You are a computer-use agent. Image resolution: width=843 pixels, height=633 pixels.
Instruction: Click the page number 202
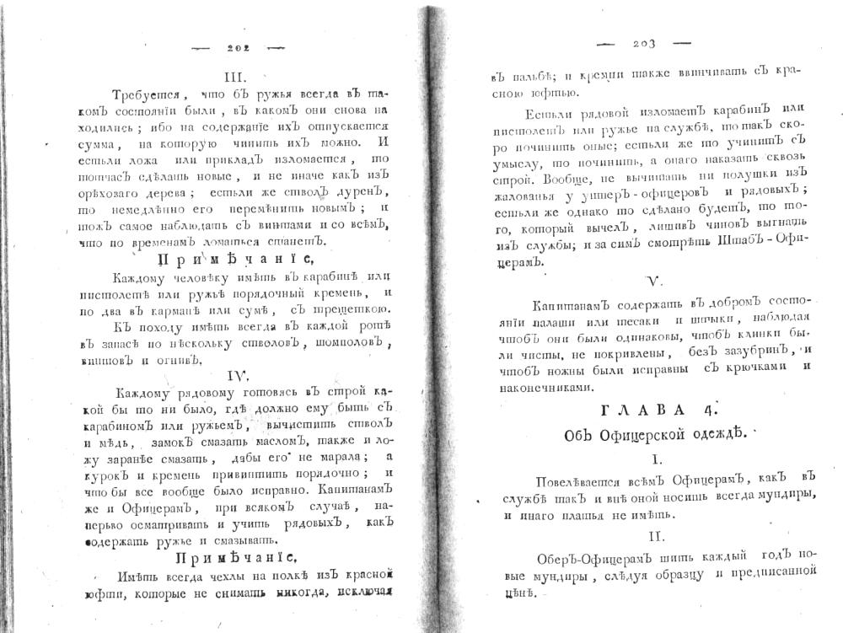tap(239, 48)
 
